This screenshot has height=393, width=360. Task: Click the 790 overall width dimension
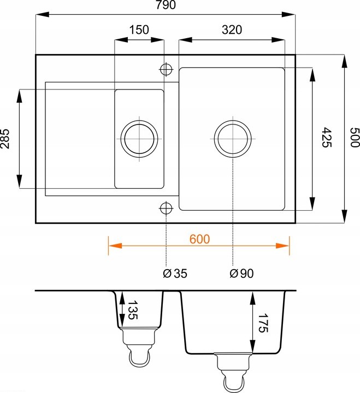166,5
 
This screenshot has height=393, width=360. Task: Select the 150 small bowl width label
139,29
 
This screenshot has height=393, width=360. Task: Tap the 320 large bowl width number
232,30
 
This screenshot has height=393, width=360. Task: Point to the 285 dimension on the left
5,139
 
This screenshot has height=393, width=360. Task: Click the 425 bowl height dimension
327,138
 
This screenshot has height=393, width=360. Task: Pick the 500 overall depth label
355,138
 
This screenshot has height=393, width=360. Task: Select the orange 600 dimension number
199,239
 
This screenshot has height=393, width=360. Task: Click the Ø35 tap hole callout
175,273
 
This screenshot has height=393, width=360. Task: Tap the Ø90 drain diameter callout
241,273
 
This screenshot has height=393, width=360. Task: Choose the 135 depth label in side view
133,310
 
